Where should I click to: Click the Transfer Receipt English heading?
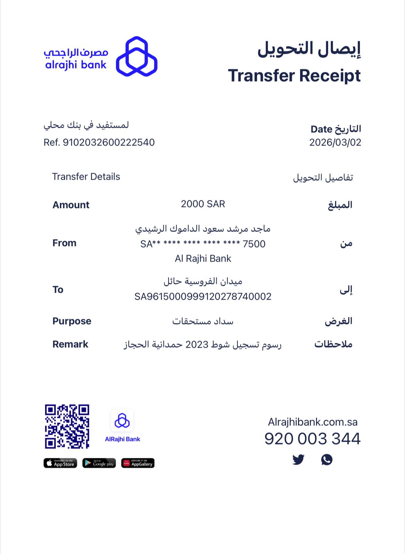click(294, 76)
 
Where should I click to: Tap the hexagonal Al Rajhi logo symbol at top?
click(136, 56)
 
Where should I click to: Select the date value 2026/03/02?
click(335, 142)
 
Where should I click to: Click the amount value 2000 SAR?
click(203, 204)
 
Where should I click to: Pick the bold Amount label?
click(71, 205)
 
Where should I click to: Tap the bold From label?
click(64, 243)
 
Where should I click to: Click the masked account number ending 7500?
click(203, 244)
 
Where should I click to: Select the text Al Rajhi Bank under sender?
click(203, 259)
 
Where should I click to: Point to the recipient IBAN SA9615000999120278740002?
click(203, 297)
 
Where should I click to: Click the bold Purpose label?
click(72, 321)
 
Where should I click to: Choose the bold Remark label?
click(70, 344)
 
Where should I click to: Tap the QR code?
click(67, 426)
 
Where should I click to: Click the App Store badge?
click(60, 463)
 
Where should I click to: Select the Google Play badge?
click(99, 463)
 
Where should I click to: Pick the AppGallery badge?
click(138, 463)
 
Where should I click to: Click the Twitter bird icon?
click(298, 460)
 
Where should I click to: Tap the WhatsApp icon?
click(327, 460)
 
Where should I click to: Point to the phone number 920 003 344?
click(312, 439)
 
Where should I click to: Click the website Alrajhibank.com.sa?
click(313, 422)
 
